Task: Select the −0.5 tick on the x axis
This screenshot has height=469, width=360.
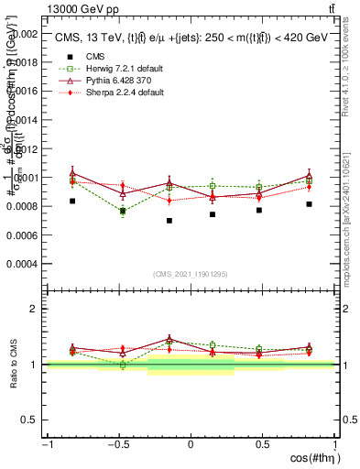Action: (x=117, y=445)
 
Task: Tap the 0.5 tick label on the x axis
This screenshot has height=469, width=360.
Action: (x=262, y=445)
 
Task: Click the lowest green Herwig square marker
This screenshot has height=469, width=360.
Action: (x=123, y=212)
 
